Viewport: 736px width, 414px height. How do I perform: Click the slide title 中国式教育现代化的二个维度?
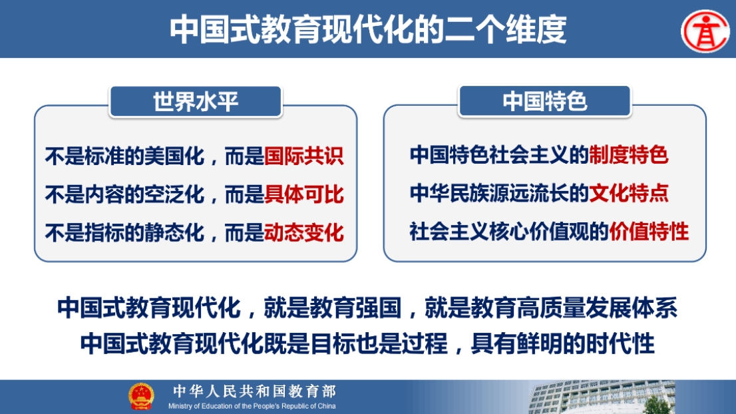click(x=368, y=29)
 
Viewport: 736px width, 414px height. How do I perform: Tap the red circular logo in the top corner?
click(x=705, y=31)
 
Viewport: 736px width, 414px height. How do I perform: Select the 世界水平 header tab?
click(x=196, y=101)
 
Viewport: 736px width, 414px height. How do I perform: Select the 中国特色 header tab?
click(x=545, y=101)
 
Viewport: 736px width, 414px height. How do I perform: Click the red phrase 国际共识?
click(x=304, y=156)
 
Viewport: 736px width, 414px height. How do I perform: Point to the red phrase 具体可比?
click(x=304, y=194)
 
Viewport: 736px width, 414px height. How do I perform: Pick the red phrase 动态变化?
click(x=304, y=232)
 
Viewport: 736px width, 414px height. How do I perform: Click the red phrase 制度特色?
click(x=628, y=155)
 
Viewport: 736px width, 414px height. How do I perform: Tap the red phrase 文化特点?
click(x=628, y=193)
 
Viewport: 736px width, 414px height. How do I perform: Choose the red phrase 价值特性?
click(x=649, y=232)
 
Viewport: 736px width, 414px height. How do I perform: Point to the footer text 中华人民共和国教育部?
click(x=254, y=391)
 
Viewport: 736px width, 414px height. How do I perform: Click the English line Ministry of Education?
click(x=252, y=406)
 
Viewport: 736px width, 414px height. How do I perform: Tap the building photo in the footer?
click(x=602, y=397)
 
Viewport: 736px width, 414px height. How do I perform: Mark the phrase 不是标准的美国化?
click(x=125, y=156)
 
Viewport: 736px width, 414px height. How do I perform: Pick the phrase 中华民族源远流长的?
click(x=499, y=193)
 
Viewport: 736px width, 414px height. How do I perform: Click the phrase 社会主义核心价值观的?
click(x=509, y=232)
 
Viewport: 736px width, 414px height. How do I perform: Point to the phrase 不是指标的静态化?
click(x=125, y=232)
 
